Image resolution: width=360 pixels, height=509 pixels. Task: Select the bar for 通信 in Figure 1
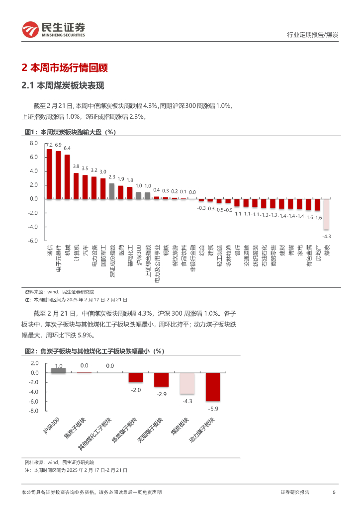coord(49,174)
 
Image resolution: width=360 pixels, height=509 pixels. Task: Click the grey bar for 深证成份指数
coord(112,191)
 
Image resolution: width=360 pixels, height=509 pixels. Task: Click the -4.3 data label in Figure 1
coord(327,236)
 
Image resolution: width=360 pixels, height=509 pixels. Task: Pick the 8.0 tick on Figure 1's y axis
coord(34,143)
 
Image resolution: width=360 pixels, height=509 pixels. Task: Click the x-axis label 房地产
coord(318,252)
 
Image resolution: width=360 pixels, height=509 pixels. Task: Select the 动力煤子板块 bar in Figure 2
coord(213,387)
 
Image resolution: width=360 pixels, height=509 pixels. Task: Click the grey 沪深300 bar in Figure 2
coord(58,370)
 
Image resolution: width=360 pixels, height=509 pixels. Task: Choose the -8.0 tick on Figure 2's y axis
coord(34,411)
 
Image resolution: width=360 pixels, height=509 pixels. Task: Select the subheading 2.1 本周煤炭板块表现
coord(63,86)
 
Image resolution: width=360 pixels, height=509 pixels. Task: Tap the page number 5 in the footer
coord(334,492)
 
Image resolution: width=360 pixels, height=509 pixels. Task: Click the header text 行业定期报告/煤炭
coord(313,35)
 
